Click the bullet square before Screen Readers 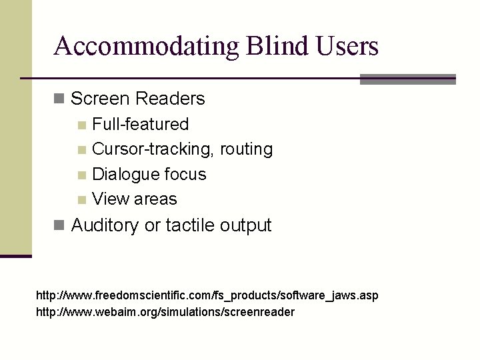[59, 99]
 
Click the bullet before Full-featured [81, 125]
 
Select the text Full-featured [140, 124]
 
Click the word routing [248, 149]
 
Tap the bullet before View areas [81, 199]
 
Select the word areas [155, 199]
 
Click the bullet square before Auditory [59, 225]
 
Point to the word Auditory [105, 225]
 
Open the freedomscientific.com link [207, 295]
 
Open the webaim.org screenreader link [165, 311]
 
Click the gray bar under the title [407, 79]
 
